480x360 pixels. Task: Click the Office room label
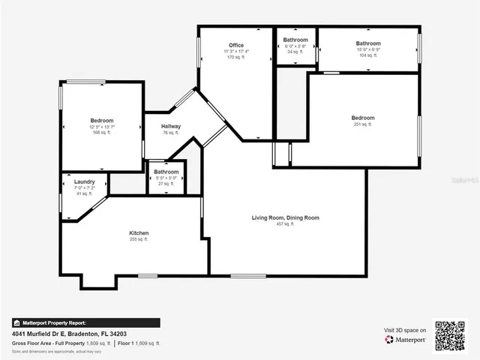point(236,46)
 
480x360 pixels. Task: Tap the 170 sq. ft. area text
point(236,57)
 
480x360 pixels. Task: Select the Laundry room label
point(84,181)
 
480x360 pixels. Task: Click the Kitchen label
point(139,233)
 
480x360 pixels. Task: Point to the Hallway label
point(171,126)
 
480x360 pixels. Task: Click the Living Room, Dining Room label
point(285,217)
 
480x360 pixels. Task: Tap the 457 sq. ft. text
point(285,224)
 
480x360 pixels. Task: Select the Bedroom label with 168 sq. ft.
point(102,121)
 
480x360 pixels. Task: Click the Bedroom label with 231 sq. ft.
point(363,118)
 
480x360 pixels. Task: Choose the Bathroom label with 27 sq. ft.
point(166,172)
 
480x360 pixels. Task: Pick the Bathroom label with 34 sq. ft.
point(295,40)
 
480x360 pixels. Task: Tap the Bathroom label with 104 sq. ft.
point(368,43)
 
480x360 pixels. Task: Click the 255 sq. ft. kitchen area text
point(139,240)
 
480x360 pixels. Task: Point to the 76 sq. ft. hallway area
point(171,133)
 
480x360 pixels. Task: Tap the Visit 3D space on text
point(405,330)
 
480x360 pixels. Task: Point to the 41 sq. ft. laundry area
point(84,193)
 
